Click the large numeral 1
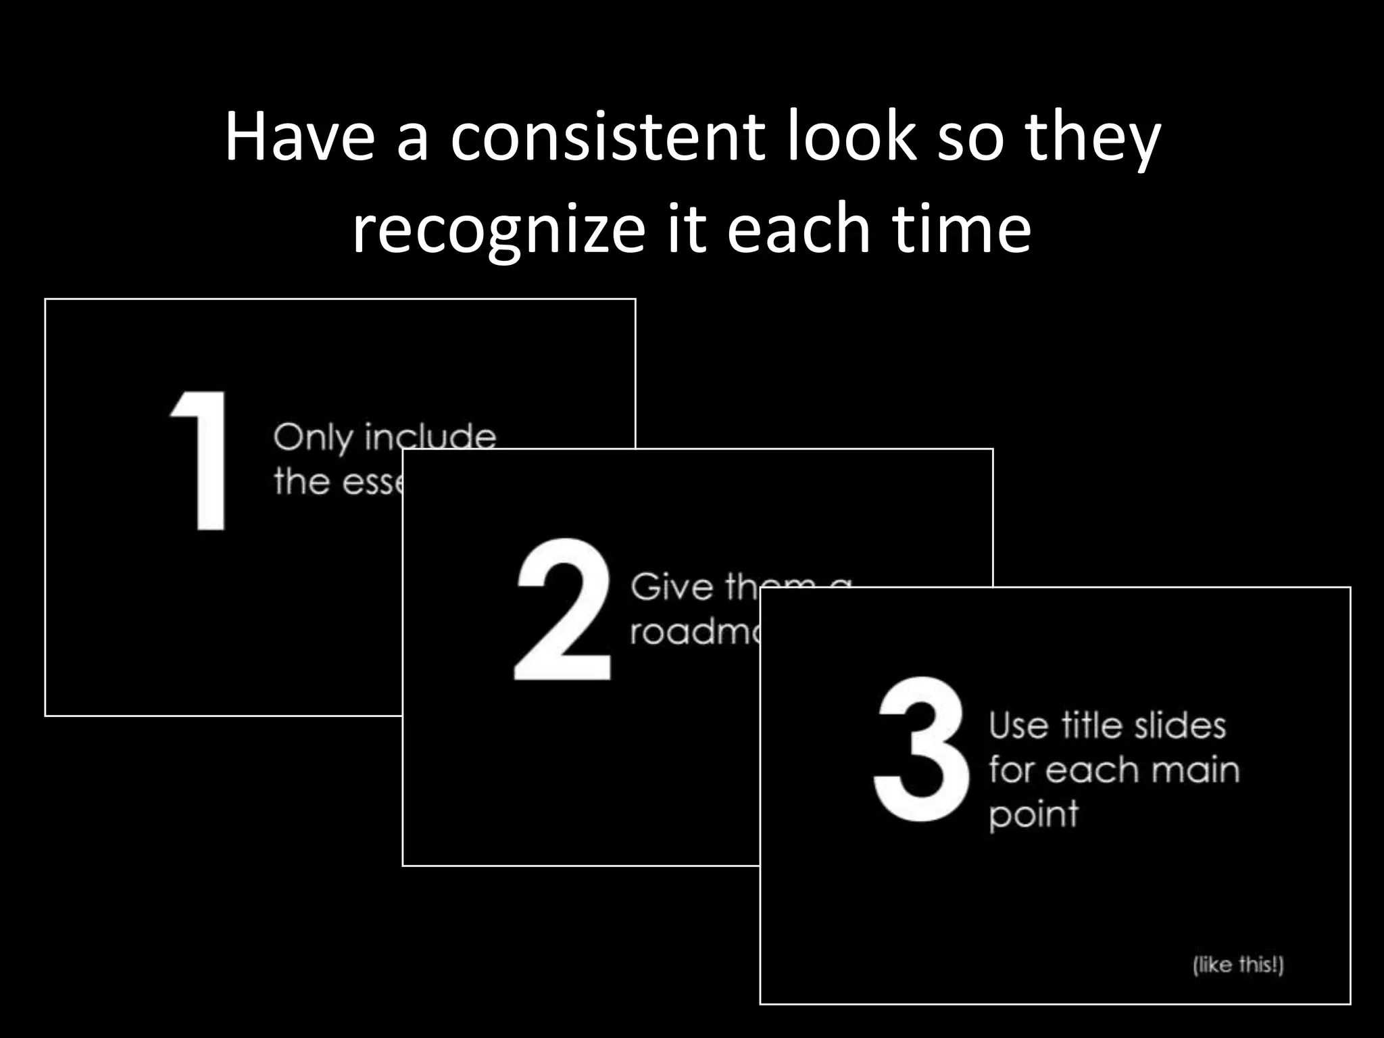[x=200, y=461]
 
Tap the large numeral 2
[x=562, y=609]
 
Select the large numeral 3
[x=920, y=749]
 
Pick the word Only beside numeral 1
[x=313, y=438]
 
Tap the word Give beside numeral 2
[x=672, y=586]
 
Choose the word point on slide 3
[x=1033, y=815]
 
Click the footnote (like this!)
[x=1238, y=964]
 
